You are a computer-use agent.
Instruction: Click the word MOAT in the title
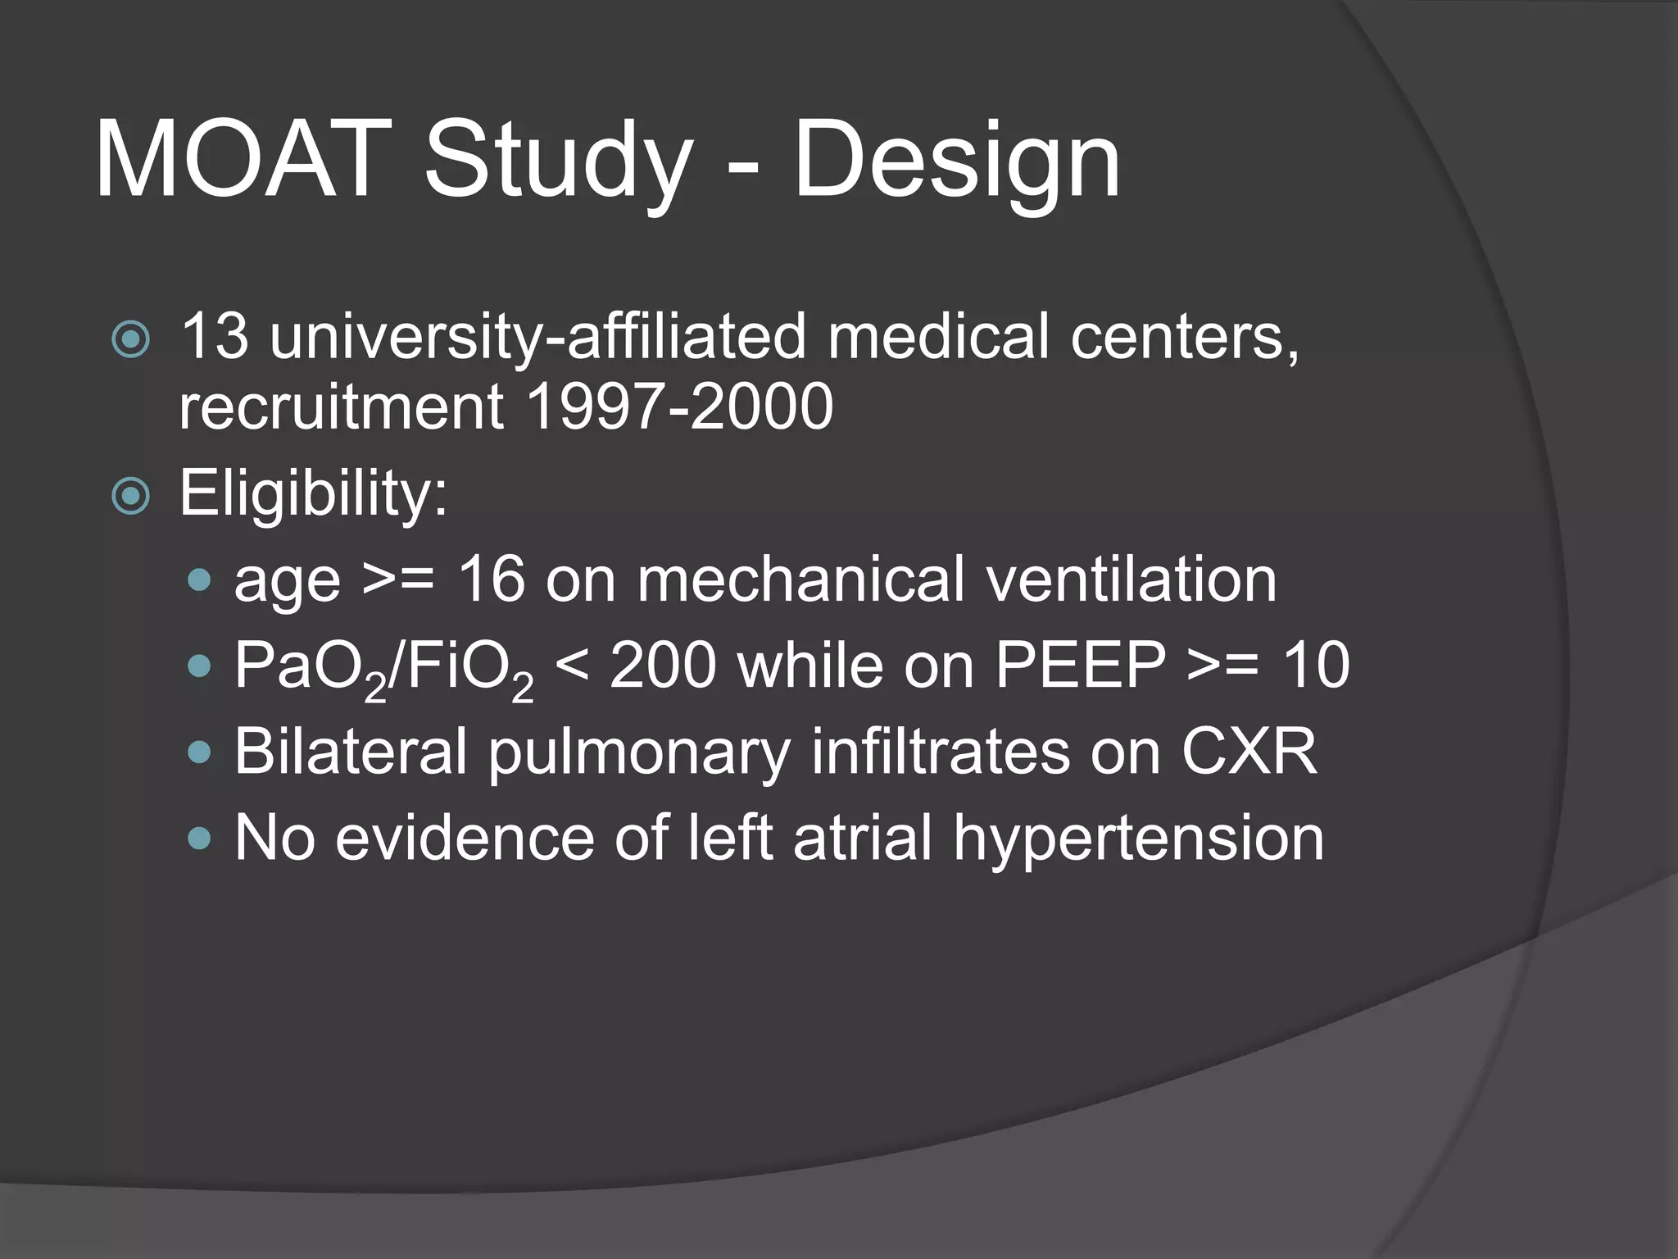tap(243, 160)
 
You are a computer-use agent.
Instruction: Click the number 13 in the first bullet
tap(214, 336)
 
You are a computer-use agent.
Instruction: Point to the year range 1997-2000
tap(679, 407)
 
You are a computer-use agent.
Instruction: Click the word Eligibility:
tap(314, 493)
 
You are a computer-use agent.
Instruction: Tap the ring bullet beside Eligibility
tap(131, 495)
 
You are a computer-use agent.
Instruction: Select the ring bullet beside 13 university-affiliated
tap(131, 339)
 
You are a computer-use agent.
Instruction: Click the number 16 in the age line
tap(491, 580)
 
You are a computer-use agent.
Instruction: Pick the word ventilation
tap(1131, 580)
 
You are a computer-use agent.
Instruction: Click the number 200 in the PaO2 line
tap(663, 666)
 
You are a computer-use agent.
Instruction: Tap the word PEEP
tap(1080, 666)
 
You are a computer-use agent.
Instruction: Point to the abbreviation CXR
tap(1249, 751)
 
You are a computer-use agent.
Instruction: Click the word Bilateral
tap(351, 751)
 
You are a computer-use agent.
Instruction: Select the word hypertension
tap(1138, 839)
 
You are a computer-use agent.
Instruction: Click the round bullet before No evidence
tap(199, 839)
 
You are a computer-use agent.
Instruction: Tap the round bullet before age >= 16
tap(199, 581)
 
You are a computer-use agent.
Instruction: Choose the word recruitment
tap(341, 407)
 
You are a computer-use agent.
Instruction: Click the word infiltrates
tap(940, 751)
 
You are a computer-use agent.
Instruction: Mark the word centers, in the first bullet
tap(1185, 336)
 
